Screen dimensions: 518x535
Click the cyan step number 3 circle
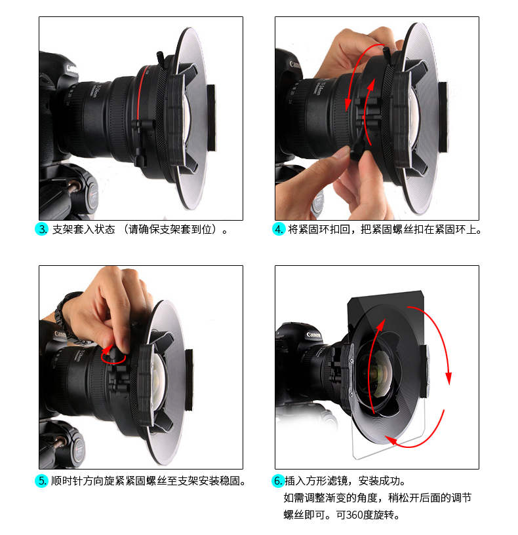[x=42, y=229]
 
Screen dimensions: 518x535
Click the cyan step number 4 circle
[x=279, y=229]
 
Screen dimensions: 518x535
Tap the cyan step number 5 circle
[x=42, y=481]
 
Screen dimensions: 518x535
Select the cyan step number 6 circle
[x=278, y=481]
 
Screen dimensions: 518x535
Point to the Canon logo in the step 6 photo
[x=313, y=335]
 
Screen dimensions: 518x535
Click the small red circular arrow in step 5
[x=113, y=355]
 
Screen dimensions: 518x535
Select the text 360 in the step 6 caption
[x=355, y=515]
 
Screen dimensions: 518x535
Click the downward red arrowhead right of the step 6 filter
[x=448, y=378]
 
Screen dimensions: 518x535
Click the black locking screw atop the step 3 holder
[x=160, y=58]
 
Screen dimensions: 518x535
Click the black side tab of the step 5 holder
[x=189, y=379]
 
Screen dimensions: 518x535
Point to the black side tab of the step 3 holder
[x=212, y=118]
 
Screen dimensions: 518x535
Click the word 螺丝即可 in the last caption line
[x=304, y=515]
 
